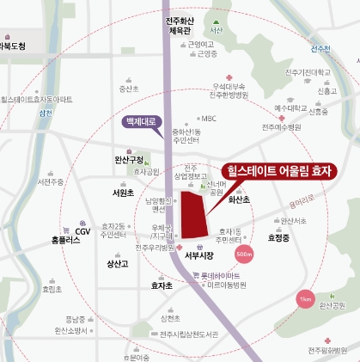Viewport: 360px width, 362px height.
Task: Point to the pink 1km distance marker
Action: coord(304,299)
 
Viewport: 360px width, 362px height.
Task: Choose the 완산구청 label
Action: coord(128,159)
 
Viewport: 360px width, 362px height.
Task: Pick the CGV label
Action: coord(82,230)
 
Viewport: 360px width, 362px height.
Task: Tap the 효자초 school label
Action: coord(161,285)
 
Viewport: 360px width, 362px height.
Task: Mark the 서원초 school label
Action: coord(123,193)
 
